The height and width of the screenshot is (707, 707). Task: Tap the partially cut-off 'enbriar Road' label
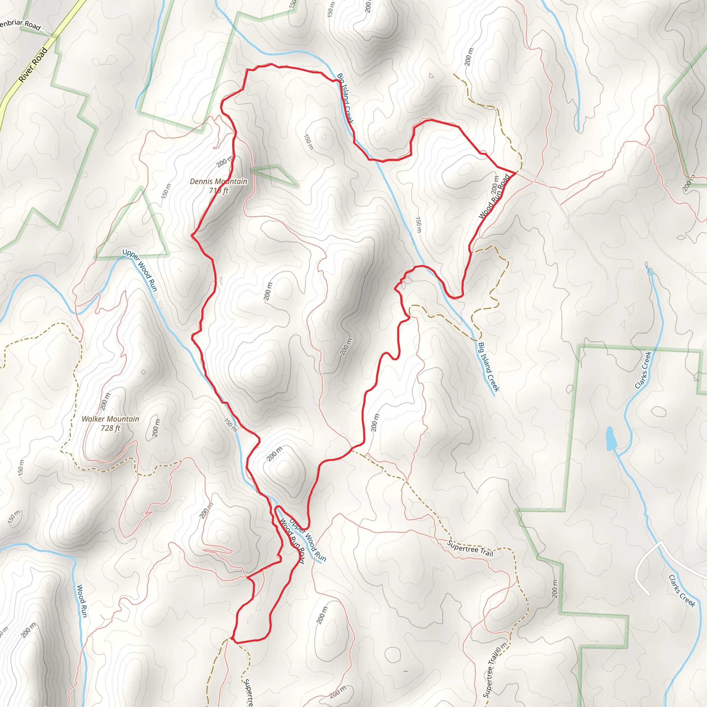click(20, 25)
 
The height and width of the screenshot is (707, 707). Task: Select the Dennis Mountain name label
click(219, 181)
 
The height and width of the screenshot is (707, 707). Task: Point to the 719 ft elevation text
click(219, 190)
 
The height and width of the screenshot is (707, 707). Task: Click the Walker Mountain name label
click(110, 419)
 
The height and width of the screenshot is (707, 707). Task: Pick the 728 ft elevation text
click(110, 428)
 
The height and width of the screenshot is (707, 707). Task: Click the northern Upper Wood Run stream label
click(140, 270)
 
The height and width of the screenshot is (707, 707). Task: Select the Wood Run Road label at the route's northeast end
click(494, 197)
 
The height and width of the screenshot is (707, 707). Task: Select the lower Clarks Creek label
click(682, 591)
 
